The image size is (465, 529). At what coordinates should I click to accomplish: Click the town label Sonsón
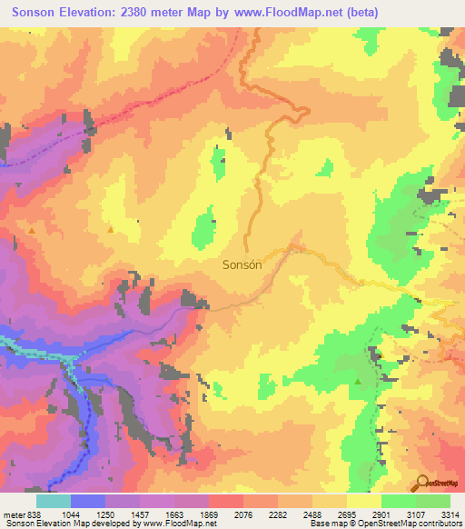[x=242, y=265]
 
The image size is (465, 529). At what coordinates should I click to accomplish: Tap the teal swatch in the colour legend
[x=54, y=501]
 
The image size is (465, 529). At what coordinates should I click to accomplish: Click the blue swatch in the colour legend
[x=88, y=501]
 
